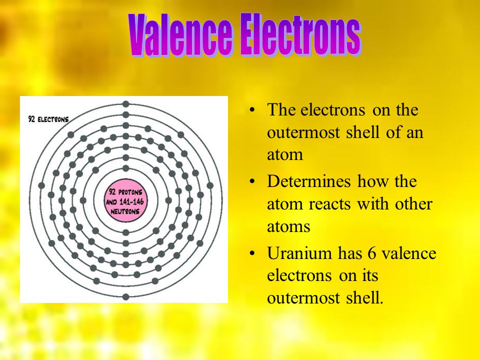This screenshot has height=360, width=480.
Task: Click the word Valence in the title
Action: pos(180,34)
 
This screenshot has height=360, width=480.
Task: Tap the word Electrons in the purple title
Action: pos(300,34)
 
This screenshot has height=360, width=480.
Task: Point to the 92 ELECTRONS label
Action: pos(48,119)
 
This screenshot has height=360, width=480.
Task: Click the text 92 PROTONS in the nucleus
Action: pos(125,192)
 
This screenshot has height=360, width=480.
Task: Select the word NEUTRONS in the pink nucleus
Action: pos(125,211)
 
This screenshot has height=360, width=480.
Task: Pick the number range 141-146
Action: pos(131,201)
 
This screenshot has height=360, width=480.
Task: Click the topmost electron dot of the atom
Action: pos(125,104)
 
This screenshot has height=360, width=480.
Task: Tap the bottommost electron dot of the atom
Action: pos(125,296)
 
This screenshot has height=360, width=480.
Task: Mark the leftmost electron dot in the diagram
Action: pos(41,185)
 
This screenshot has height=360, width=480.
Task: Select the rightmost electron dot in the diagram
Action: pos(209,185)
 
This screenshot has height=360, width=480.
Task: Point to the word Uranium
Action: pos(299,253)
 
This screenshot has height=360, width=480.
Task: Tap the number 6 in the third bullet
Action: pos(371,253)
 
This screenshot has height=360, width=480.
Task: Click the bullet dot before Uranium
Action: pos(252,254)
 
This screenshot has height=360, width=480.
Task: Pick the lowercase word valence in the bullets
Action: pos(409,253)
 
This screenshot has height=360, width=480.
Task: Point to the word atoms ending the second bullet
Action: pos(288,227)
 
